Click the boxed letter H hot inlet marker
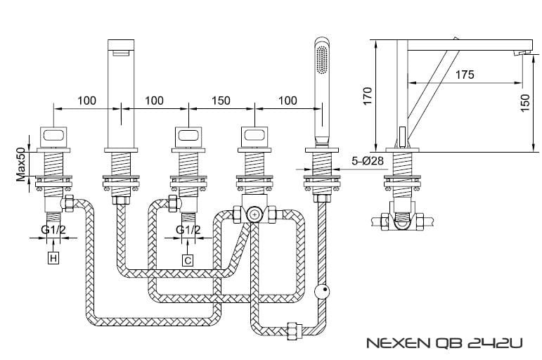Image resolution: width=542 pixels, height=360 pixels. [x=53, y=258]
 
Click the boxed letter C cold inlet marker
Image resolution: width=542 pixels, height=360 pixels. [x=188, y=260]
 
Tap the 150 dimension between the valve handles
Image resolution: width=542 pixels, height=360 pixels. [x=221, y=101]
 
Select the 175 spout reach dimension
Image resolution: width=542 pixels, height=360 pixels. [x=465, y=75]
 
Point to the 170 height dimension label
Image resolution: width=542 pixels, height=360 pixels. [x=368, y=96]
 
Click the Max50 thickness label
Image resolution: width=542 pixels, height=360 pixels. [x=21, y=165]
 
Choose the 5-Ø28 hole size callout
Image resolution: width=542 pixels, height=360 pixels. [x=368, y=161]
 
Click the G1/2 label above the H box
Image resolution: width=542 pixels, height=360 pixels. [x=53, y=229]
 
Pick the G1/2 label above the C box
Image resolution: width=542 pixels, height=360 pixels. [x=188, y=229]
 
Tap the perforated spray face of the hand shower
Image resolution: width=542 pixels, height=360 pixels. [x=322, y=60]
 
